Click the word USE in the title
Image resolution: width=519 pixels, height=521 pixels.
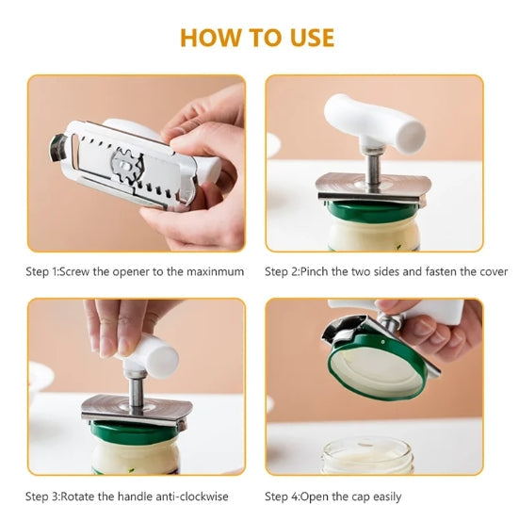coord(312,38)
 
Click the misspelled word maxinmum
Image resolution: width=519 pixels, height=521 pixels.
coord(215,271)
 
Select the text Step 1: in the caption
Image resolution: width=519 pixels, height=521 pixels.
coord(42,271)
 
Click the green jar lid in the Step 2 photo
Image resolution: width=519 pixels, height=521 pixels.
coord(374,212)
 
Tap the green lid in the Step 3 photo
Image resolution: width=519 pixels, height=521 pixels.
coord(137,431)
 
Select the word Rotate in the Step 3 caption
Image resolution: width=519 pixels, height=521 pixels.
coord(77,497)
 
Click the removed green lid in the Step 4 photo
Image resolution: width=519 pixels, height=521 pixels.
coord(378,367)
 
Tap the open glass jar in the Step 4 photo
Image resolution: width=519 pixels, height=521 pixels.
coord(368,454)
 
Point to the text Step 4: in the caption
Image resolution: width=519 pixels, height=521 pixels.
coord(282,497)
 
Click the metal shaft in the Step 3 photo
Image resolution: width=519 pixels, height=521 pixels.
coord(136,391)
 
